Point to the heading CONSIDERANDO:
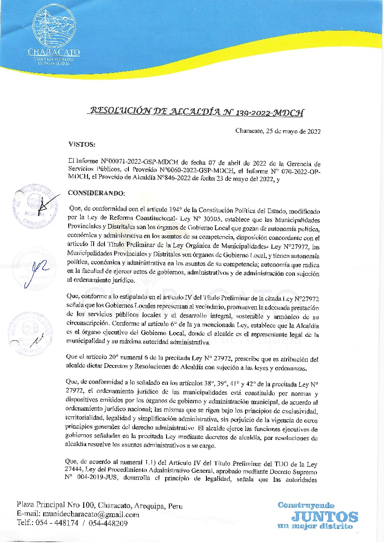tap(97, 193)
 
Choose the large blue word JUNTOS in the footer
tap(328, 517)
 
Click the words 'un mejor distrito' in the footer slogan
tap(315, 526)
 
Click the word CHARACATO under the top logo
tap(54, 52)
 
